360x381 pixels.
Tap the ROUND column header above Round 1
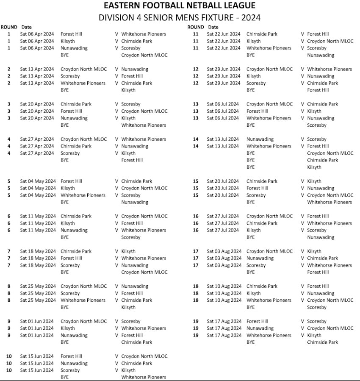[x=9, y=27]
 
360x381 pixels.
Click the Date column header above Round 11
[x=213, y=27]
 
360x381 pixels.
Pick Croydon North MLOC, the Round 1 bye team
[x=144, y=55]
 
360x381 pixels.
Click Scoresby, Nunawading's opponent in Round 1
[x=131, y=48]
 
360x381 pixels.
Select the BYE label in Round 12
[x=251, y=90]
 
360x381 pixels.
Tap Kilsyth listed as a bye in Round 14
[x=314, y=167]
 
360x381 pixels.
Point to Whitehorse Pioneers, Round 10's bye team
[x=144, y=377]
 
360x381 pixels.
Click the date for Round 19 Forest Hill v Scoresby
[x=224, y=321]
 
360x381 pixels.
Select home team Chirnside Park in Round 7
[x=76, y=251]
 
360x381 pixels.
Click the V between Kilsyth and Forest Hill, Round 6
[x=116, y=223]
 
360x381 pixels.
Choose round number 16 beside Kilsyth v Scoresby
[x=196, y=231]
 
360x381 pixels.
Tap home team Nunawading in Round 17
[x=260, y=258]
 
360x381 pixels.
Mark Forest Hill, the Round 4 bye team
[x=132, y=160]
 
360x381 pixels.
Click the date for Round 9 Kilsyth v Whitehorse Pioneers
[x=37, y=328]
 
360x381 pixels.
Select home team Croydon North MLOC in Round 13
[x=269, y=104]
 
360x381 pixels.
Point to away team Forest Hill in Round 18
[x=318, y=286]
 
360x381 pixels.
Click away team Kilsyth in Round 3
[x=128, y=118]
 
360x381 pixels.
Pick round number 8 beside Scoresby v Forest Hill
[x=9, y=293]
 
